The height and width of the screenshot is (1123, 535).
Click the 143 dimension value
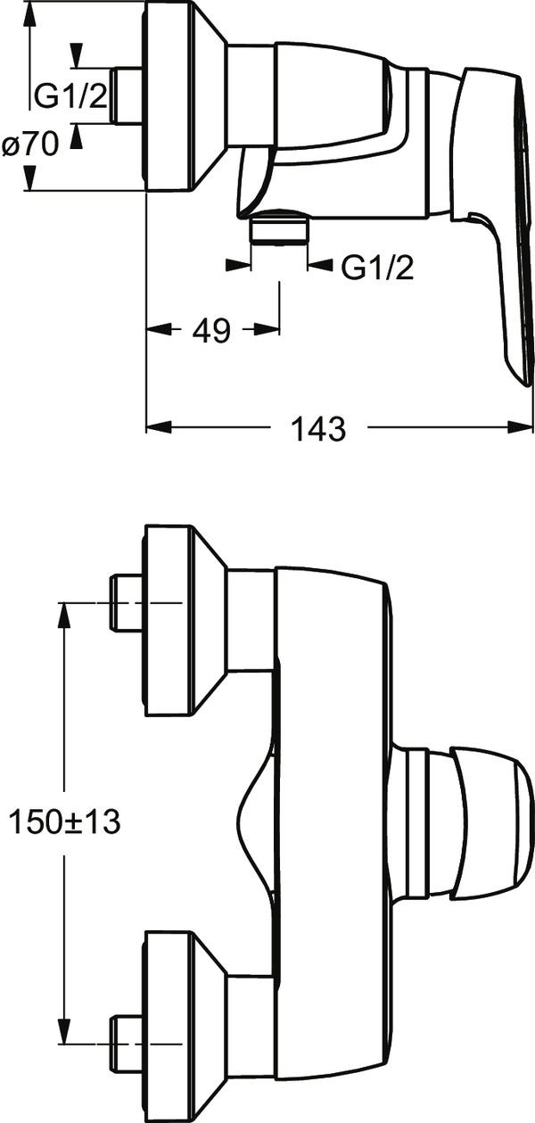click(x=318, y=429)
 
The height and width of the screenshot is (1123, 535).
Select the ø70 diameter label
click(x=30, y=145)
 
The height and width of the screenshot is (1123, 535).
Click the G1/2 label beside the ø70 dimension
click(x=70, y=95)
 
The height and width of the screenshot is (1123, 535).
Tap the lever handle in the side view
click(x=493, y=216)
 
